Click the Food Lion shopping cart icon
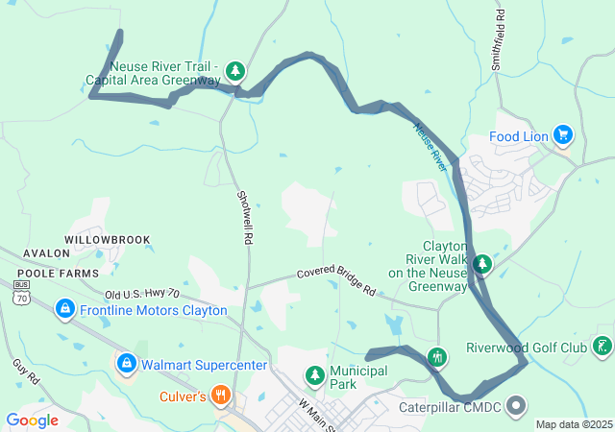coord(563,136)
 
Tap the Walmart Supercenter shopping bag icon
coord(126,364)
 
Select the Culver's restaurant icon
coord(220,394)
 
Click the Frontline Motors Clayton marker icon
coord(64,309)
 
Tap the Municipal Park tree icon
coord(314,373)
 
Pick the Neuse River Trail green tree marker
coord(235,71)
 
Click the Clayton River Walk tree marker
coord(482,264)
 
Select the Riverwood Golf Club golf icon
coord(603,347)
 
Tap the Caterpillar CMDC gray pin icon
coord(516,405)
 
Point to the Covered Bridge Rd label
coord(335,282)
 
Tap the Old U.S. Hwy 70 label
coord(142,293)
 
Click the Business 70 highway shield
coord(22,292)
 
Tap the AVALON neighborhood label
coord(40,253)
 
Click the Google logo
coord(33,420)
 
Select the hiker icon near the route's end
coord(437,358)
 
